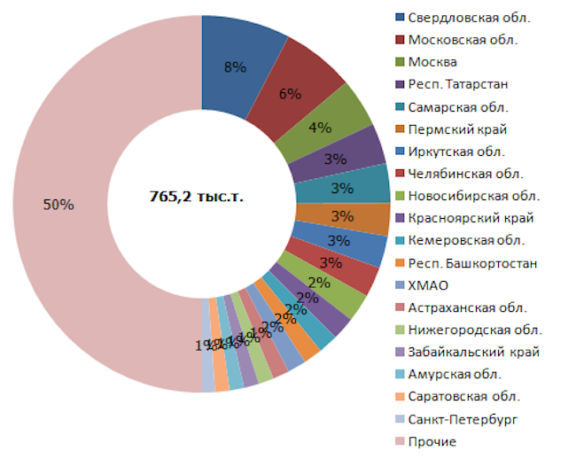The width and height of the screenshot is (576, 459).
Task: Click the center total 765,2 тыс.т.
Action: pos(196,196)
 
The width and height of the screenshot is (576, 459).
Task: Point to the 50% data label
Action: pos(58,204)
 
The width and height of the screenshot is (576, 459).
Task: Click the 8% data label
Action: pos(235,67)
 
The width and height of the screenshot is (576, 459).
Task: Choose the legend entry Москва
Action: pos(433,62)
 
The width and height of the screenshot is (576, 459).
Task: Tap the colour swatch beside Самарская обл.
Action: pos(400,106)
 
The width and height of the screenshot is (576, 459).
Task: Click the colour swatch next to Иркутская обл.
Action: pos(400,152)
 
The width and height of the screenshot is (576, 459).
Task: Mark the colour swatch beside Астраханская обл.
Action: pos(400,307)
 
